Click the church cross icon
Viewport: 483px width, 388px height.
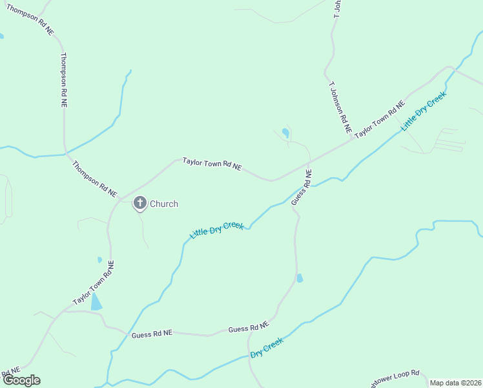pos(139,203)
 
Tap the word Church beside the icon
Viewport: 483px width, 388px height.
pos(164,204)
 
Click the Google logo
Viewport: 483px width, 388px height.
pos(21,380)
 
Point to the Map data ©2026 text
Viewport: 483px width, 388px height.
pos(455,383)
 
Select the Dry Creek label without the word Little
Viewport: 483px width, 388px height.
pos(267,348)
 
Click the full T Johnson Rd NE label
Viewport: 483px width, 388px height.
pos(339,107)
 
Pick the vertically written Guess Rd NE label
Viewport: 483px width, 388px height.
pos(301,188)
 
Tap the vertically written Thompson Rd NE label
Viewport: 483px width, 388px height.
pos(63,80)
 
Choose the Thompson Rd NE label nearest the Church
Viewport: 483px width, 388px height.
pos(94,179)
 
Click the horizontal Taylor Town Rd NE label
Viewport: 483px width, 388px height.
pos(212,164)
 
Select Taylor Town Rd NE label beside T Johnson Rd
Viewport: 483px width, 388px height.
pos(380,118)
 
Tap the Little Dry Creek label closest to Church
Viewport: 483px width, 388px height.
pos(216,230)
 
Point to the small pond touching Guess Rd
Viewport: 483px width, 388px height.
pos(299,278)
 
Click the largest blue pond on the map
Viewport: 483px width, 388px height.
pos(96,301)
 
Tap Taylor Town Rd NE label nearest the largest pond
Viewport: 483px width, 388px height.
pos(93,283)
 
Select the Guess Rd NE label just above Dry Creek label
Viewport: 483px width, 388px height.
pos(249,329)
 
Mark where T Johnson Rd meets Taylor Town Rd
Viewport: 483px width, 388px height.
pos(352,139)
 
